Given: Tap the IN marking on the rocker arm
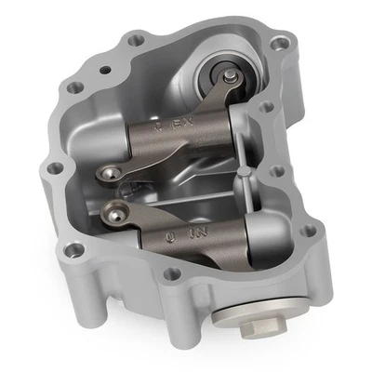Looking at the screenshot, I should pos(198,236).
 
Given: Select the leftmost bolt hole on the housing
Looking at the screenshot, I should pos(54,168).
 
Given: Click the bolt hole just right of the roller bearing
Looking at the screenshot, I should pos(268,108).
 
